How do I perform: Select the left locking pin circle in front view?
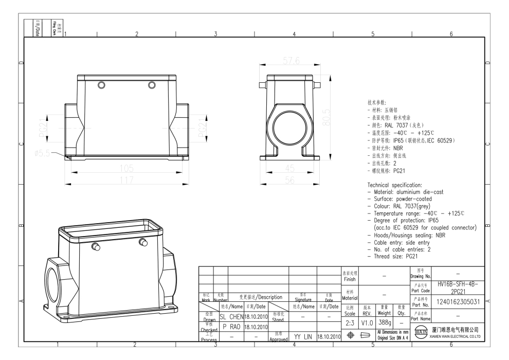(101, 84)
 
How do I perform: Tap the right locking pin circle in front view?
(151, 84)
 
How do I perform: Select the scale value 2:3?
(350, 322)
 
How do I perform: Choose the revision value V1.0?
(367, 322)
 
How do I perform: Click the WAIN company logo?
(420, 333)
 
